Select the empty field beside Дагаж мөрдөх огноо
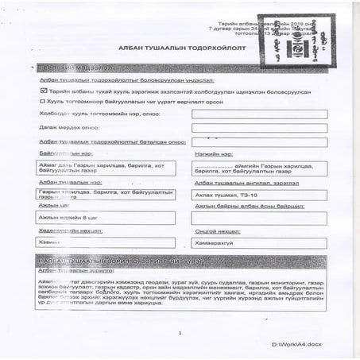pos(260,127)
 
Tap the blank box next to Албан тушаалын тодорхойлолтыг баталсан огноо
pos(260,141)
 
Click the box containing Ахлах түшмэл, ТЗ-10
pos(259,195)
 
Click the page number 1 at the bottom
pos(180,333)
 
